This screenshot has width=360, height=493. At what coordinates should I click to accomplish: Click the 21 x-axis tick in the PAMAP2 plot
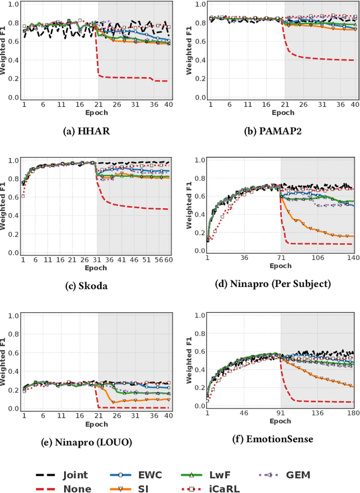coord(285,105)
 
